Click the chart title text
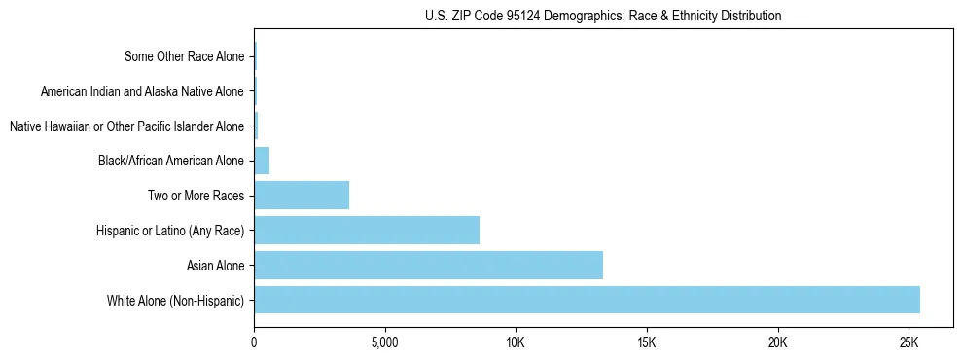pyautogui.click(x=603, y=16)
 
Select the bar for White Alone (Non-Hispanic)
pyautogui.click(x=587, y=300)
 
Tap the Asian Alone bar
pyautogui.click(x=428, y=265)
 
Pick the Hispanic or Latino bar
pyautogui.click(x=367, y=230)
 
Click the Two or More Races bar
pyautogui.click(x=302, y=195)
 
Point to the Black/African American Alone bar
pyautogui.click(x=262, y=161)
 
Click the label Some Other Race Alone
pyautogui.click(x=185, y=56)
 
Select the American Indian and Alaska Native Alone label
pyautogui.click(x=143, y=91)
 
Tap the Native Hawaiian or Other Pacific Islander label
pyautogui.click(x=126, y=126)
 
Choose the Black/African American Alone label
pyautogui.click(x=171, y=161)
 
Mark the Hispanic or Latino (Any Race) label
pyautogui.click(x=170, y=231)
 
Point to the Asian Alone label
pyautogui.click(x=215, y=265)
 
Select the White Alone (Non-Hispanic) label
pyautogui.click(x=176, y=300)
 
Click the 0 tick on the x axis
pyautogui.click(x=254, y=342)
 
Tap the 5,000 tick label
pyautogui.click(x=384, y=342)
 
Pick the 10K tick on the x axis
pyautogui.click(x=516, y=342)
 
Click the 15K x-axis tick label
pyautogui.click(x=647, y=342)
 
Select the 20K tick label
pyautogui.click(x=777, y=342)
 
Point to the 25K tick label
pyautogui.click(x=909, y=342)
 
